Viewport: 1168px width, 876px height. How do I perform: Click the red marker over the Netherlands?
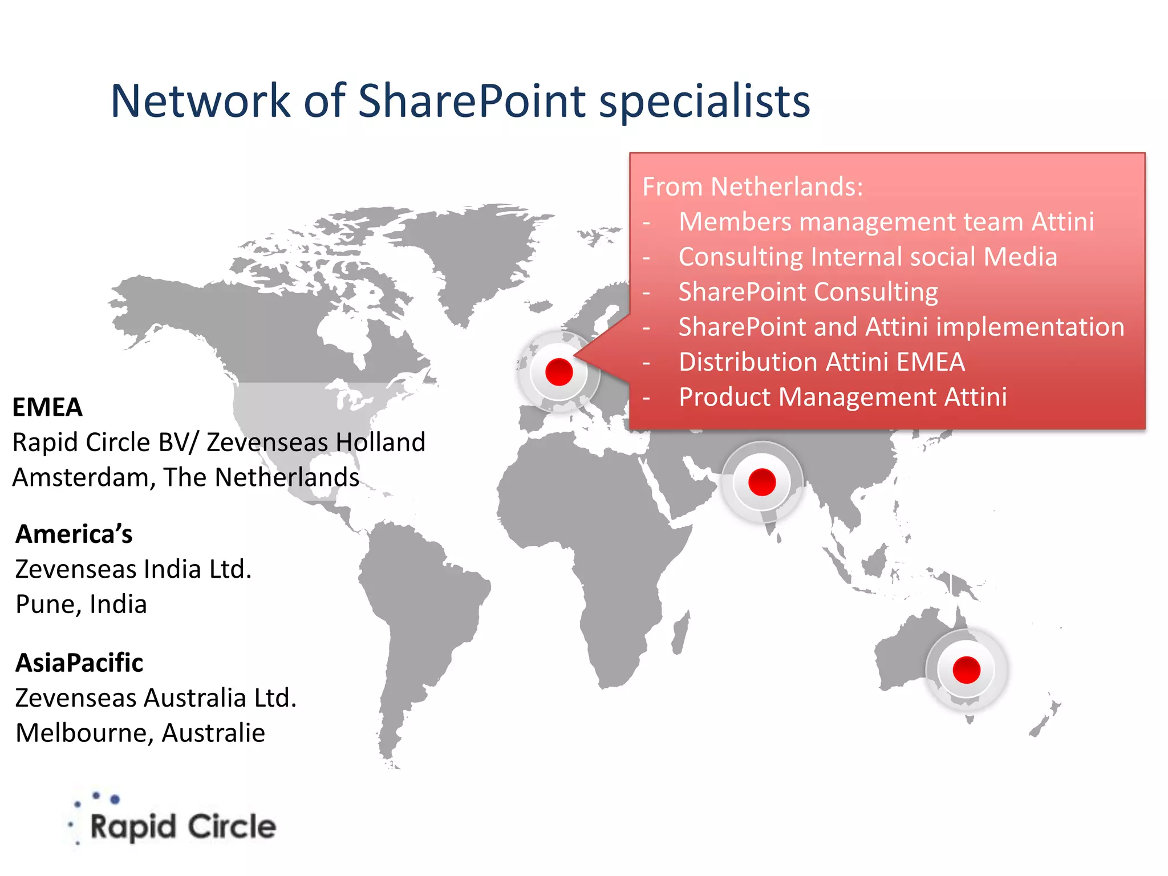559,372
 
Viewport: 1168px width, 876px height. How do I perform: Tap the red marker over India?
762,482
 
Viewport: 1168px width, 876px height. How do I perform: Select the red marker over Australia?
966,670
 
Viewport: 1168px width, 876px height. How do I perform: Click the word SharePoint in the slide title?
472,101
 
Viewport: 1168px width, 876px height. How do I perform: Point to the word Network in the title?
200,101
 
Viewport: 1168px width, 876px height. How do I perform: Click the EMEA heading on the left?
47,407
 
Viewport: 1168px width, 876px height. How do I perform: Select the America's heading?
74,534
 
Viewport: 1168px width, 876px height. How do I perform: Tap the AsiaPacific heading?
79,663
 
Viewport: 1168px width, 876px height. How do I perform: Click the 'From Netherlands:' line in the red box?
753,186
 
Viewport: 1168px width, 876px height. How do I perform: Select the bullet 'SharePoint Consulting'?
808,292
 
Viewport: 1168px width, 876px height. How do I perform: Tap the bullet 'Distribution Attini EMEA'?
822,362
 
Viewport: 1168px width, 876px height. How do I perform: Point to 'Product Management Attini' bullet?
843,397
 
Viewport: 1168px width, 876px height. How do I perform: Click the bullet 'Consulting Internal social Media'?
867,257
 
